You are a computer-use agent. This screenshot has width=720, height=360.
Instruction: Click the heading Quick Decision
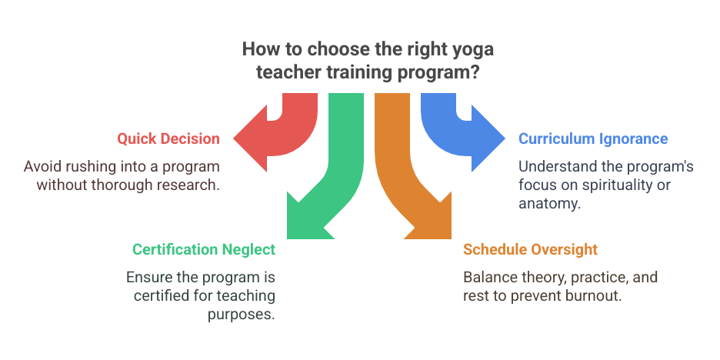168,138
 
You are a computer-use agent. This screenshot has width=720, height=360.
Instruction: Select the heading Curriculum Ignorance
593,138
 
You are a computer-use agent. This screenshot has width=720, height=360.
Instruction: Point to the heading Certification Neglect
204,249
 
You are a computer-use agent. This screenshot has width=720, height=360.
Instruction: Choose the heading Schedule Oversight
530,249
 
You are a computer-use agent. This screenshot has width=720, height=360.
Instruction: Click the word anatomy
550,203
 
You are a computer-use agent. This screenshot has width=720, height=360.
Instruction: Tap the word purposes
242,315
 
